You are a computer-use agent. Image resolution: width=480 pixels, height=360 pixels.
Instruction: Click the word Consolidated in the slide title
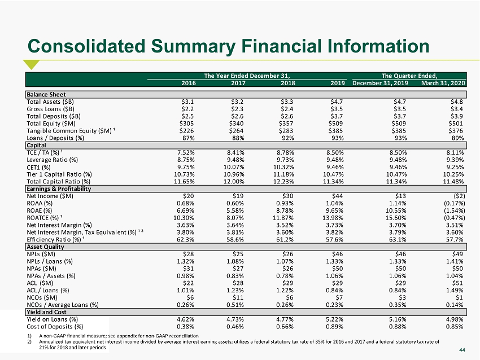click(x=86, y=46)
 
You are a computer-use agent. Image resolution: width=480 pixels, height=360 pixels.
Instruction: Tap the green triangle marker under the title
click(x=31, y=64)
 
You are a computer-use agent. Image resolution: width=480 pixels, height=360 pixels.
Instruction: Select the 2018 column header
click(x=288, y=83)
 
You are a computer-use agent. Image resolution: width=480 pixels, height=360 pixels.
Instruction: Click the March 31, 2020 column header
click(x=443, y=83)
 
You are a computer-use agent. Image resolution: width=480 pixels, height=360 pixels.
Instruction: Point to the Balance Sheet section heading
click(x=46, y=94)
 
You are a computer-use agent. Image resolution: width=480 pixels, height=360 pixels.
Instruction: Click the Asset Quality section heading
click(x=45, y=247)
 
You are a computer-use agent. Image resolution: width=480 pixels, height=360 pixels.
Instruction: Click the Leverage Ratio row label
click(x=53, y=160)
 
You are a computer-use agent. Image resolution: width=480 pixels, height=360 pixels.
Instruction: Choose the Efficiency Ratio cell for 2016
click(x=186, y=239)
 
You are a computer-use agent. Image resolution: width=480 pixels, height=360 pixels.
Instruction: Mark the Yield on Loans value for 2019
click(x=335, y=319)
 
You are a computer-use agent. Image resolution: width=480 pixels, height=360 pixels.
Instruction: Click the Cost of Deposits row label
click(x=55, y=327)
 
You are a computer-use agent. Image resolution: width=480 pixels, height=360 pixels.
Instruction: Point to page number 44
click(x=462, y=350)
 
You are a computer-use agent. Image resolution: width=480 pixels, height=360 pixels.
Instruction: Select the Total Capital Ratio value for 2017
click(x=234, y=182)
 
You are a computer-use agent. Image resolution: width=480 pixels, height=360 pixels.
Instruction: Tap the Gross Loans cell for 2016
click(x=187, y=109)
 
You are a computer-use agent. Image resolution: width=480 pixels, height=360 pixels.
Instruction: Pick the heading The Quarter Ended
click(x=409, y=76)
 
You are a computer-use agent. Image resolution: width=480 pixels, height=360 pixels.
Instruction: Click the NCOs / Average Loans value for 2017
click(x=235, y=305)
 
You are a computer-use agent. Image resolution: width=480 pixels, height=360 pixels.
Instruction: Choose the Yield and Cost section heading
click(x=46, y=312)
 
